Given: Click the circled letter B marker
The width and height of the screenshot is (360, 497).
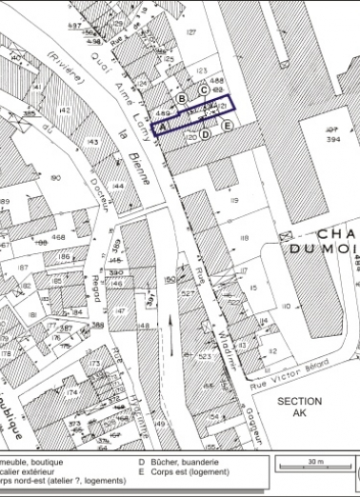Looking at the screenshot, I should (181, 98).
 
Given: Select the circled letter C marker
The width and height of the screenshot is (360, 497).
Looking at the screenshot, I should (204, 91).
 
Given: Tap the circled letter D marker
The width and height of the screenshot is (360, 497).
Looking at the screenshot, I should (205, 134).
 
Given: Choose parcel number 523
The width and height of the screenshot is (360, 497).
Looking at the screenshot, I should (205, 356).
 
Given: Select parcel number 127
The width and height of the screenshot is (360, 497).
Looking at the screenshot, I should (191, 32).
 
